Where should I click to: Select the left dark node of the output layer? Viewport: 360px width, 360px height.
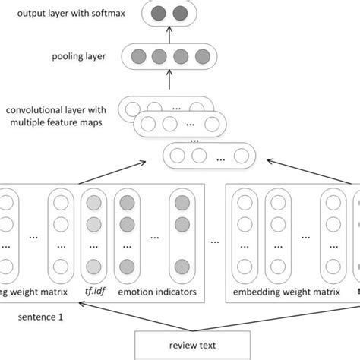(x=159, y=13)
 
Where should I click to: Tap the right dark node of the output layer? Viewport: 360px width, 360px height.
(x=180, y=13)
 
